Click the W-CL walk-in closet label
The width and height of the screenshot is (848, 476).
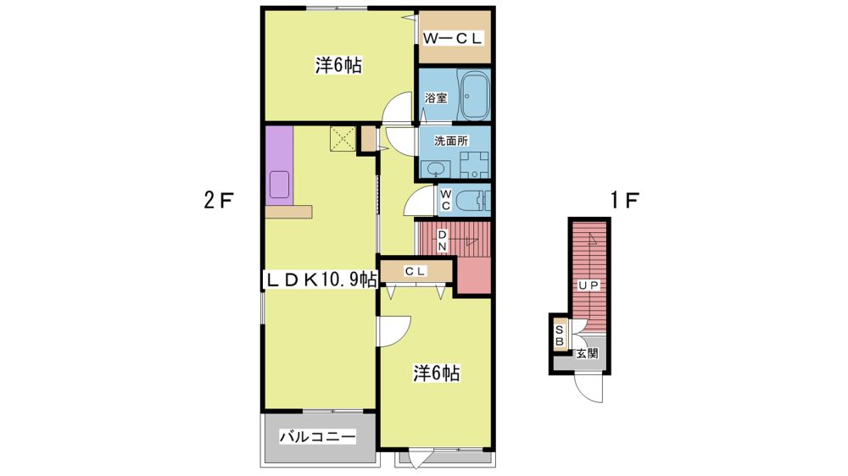(x=452, y=38)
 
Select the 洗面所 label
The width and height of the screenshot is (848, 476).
(x=451, y=141)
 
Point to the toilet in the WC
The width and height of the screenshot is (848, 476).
(x=472, y=201)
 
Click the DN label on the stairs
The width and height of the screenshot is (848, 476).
(x=442, y=241)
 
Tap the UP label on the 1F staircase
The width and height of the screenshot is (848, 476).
(x=589, y=285)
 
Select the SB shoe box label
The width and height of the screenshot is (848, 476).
(x=560, y=335)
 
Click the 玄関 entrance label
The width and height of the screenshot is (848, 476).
(x=586, y=354)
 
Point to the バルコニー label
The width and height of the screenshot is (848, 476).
(x=317, y=436)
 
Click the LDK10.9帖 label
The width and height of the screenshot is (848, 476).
(x=321, y=280)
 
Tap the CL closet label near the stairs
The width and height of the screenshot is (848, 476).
(x=416, y=271)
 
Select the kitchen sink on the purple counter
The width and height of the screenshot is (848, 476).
(x=279, y=185)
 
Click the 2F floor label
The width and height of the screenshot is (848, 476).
(x=218, y=201)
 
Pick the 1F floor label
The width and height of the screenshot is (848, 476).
(x=625, y=201)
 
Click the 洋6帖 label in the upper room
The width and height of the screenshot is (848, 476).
(x=338, y=66)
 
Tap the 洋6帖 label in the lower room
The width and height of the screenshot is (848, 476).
(x=437, y=373)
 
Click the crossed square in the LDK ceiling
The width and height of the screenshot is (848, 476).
(x=343, y=139)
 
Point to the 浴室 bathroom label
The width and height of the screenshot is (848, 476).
(x=436, y=98)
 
